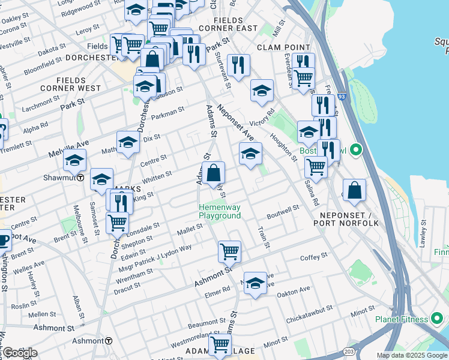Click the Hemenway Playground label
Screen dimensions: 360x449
click(x=220, y=212)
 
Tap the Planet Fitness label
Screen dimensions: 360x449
click(x=402, y=319)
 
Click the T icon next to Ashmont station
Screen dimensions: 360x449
click(x=109, y=341)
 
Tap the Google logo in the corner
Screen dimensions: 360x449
click(x=19, y=353)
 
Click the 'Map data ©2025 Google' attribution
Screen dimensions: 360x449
click(x=412, y=356)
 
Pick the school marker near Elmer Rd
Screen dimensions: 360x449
click(x=255, y=283)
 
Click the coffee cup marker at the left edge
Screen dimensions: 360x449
click(x=3, y=240)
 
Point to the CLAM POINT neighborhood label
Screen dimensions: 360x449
click(x=283, y=47)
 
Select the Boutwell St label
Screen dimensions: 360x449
click(x=283, y=211)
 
